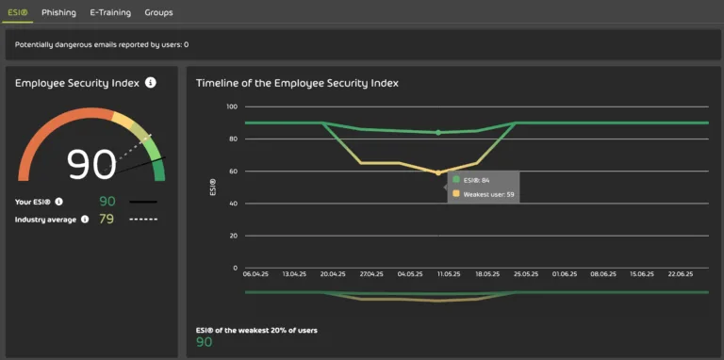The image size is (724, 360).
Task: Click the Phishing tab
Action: pos(58,12)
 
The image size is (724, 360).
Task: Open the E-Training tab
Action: pos(110,12)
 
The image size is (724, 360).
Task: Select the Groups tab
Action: pos(158,12)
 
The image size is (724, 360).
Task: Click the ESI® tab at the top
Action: pos(18,12)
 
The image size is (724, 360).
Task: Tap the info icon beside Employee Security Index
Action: pos(151,83)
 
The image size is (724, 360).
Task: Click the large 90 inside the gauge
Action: pos(91,164)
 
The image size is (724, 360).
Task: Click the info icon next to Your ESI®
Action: pos(58,202)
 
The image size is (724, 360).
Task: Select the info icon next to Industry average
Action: pos(85,220)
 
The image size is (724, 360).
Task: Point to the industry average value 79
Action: pos(107,220)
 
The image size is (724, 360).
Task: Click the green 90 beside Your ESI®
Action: pos(107,202)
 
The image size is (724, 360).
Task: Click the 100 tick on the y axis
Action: pos(231,106)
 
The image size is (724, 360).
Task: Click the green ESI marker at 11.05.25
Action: pos(437,133)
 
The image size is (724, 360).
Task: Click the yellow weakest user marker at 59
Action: pos(437,172)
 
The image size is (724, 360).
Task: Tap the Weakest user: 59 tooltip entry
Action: pos(483,193)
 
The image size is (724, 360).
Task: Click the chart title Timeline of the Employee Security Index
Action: pos(297,83)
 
